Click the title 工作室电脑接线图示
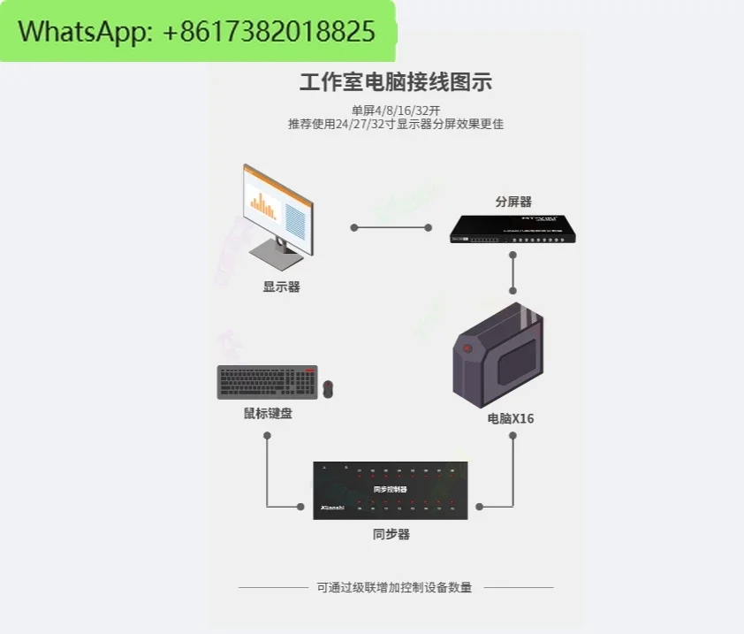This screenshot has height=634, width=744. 395,83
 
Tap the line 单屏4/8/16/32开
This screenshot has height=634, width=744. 395,111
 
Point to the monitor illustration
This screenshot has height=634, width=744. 275,212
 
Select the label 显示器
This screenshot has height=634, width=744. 281,286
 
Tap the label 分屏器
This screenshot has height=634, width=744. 513,202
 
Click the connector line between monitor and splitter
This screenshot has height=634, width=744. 391,227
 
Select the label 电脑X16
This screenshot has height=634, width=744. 511,418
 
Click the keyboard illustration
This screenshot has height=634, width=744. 267,383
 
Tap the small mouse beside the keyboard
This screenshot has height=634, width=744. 328,388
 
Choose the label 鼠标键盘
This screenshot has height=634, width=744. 268,413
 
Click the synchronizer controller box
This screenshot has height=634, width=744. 390,490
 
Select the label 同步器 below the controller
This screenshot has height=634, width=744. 391,534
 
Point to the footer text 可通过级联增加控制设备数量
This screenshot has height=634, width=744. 395,587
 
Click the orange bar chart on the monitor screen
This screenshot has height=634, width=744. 263,207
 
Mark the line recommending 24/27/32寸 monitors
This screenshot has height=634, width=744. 395,125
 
